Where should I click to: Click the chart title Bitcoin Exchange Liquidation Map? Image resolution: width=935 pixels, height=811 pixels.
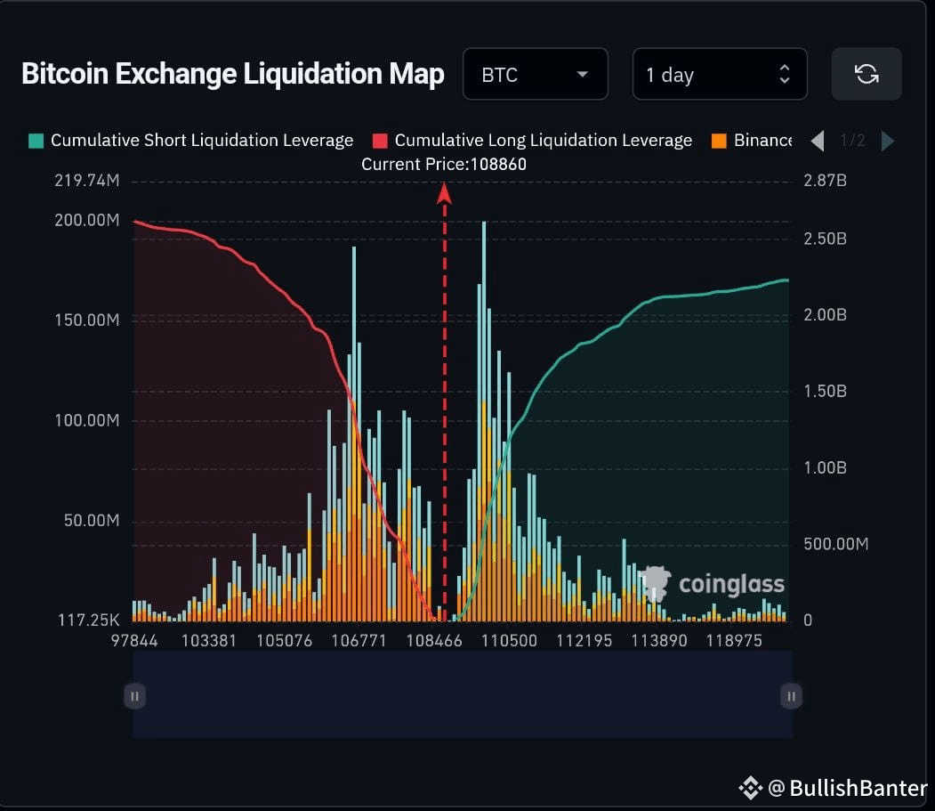pos(232,74)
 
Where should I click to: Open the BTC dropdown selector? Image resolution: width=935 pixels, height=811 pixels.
pos(535,74)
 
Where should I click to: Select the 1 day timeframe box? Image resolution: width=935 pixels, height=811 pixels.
pos(719,74)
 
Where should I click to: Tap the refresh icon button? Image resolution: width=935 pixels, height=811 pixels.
pos(866,74)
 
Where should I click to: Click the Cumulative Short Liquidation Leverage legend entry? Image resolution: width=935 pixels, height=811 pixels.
pos(191,141)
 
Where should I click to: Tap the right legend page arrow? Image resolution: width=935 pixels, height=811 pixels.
pos(887,141)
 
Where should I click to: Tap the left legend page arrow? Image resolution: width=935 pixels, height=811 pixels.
pos(818,141)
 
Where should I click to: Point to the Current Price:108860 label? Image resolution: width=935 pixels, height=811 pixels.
pos(437,165)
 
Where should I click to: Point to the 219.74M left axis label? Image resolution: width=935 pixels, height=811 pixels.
pos(86,181)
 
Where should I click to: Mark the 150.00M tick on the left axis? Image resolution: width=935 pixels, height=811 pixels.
pos(86,320)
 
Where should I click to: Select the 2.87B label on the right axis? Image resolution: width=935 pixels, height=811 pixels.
pos(825,181)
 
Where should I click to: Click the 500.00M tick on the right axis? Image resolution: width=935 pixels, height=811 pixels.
pos(835,544)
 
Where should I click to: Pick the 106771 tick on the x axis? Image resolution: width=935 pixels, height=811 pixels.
pos(358,641)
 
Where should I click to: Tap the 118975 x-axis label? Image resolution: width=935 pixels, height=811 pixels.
pos(734,641)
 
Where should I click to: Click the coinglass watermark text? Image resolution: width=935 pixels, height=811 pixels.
pos(731,584)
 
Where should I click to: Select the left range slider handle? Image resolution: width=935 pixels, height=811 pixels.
pos(134,696)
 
